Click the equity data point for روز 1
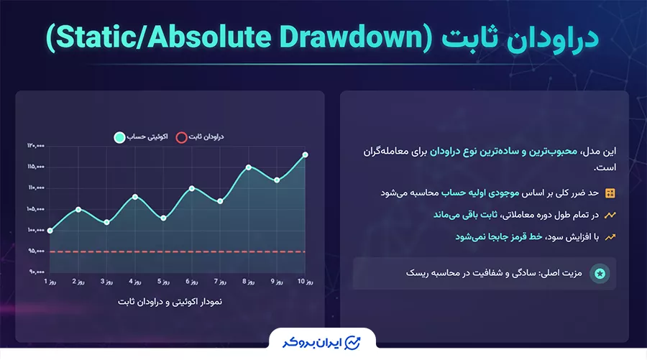pos(50,231)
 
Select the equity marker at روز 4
pos(135,197)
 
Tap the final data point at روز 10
pos(306,154)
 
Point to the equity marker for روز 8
pos(249,167)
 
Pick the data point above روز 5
pos(163,218)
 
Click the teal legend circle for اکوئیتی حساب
pos(119,137)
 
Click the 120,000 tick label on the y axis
pos(36,146)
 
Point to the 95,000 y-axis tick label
pos(36,251)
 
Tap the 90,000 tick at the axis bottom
pos(36,272)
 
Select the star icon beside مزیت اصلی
pos(600,274)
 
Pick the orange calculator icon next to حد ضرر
pos(610,193)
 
